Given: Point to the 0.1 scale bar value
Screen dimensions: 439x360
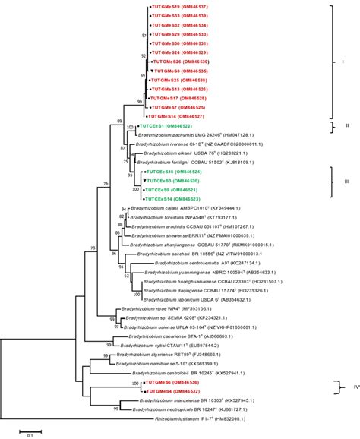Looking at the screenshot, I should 31,435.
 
